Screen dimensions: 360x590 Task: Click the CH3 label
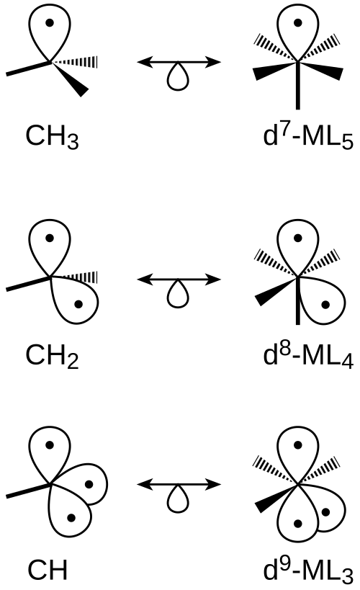tap(53, 136)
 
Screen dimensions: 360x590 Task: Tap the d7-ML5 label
tap(308, 136)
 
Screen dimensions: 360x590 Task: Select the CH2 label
tap(53, 356)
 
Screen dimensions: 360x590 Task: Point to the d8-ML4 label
tap(308, 355)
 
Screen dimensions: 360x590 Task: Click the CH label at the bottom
tap(48, 570)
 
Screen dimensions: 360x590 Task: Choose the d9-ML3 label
tap(308, 569)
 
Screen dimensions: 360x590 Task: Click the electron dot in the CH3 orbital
tap(50, 22)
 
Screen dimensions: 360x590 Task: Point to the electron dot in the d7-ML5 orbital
tap(298, 22)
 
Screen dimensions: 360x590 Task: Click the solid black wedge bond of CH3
tap(70, 79)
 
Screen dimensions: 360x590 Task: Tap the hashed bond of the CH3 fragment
tap(74, 62)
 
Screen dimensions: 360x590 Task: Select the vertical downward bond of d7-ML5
tap(298, 86)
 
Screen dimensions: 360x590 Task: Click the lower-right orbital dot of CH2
tap(78, 305)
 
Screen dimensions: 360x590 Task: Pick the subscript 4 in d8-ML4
tap(348, 362)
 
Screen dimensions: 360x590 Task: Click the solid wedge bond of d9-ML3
tap(276, 498)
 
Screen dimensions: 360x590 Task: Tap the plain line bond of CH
tap(28, 491)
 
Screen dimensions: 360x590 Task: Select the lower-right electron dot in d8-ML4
tap(325, 305)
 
